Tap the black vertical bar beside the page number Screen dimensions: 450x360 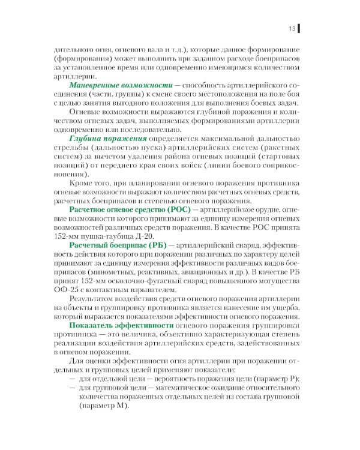point(299,28)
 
